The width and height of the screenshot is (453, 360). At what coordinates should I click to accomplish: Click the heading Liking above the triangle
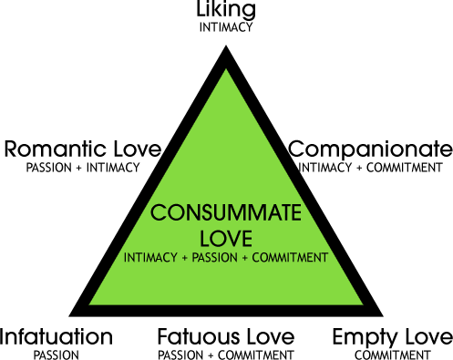tap(226, 11)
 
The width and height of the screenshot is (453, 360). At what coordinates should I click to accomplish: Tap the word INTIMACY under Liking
tap(226, 27)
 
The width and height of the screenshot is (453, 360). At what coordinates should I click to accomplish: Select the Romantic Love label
tap(83, 149)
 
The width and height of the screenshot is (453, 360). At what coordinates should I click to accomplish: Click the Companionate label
tap(370, 149)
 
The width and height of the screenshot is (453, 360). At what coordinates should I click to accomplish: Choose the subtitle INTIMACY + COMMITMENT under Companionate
tap(370, 167)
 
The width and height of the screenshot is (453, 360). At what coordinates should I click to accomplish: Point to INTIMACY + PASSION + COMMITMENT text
tap(225, 258)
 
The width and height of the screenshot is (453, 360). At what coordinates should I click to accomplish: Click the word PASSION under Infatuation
tap(57, 354)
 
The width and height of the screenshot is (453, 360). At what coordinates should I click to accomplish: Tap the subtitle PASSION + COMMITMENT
tap(226, 354)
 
